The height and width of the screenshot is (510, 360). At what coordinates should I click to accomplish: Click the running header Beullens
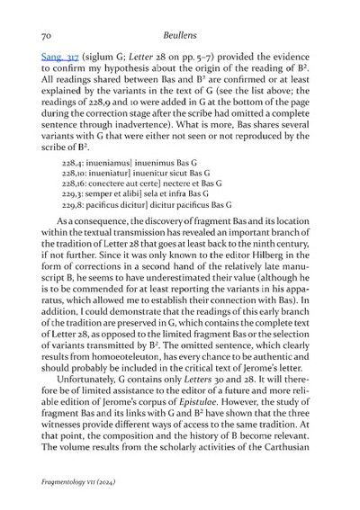pos(180,35)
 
